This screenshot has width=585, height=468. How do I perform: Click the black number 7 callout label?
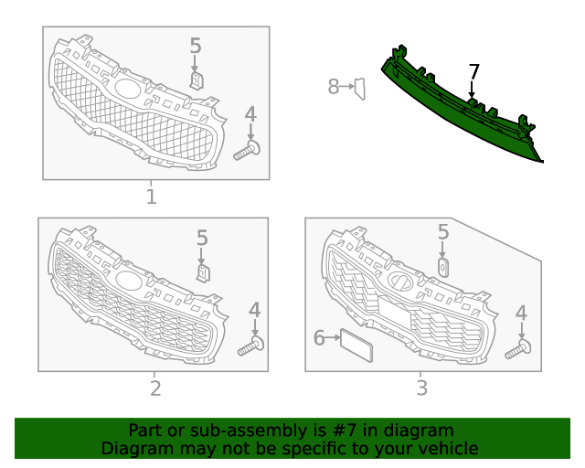click(x=473, y=72)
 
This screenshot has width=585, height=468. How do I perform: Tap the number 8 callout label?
click(x=333, y=87)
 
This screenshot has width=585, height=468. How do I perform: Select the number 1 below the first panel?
click(x=151, y=197)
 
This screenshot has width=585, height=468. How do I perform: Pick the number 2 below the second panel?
click(x=155, y=388)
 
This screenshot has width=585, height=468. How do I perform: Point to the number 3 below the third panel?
click(x=421, y=388)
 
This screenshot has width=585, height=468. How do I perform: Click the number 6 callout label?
click(x=319, y=338)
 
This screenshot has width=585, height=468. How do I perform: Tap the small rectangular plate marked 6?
click(x=356, y=346)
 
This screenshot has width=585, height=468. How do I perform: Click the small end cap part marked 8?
click(x=359, y=89)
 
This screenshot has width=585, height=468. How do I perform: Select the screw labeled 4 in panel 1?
click(x=247, y=151)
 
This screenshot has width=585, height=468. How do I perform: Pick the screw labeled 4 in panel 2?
click(x=251, y=346)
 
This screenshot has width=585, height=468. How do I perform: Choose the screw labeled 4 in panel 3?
click(x=518, y=349)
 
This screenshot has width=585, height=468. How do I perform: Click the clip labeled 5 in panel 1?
click(x=197, y=81)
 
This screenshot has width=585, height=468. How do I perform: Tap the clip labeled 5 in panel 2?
click(x=203, y=273)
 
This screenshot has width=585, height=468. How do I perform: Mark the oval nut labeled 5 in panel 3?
click(x=442, y=267)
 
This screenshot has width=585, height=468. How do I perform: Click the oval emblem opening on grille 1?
click(x=128, y=88)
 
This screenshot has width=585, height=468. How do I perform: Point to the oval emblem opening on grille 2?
click(x=129, y=280)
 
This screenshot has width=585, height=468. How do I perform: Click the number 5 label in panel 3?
click(x=442, y=232)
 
